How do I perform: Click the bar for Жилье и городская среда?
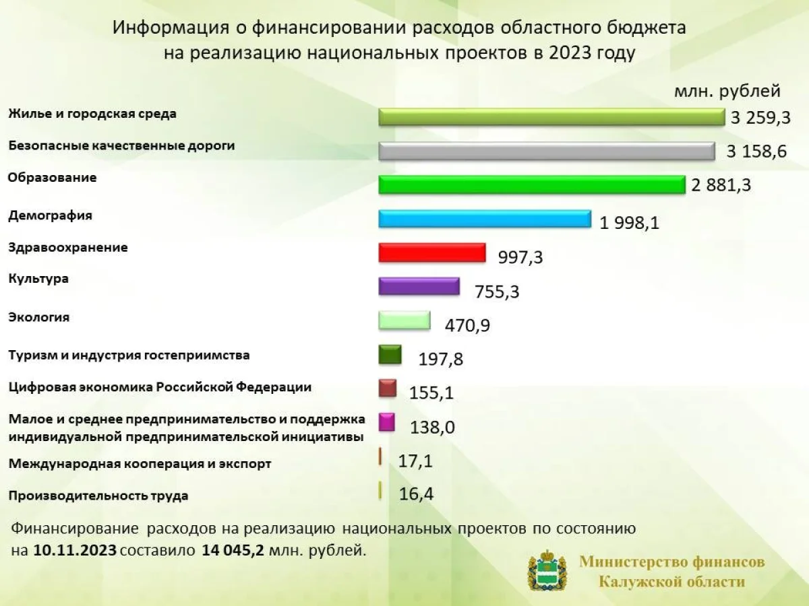coord(551,117)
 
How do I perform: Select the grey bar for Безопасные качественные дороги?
coord(547,151)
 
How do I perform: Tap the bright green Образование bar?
coord(532,184)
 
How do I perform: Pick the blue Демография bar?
coord(485,219)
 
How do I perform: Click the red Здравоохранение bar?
coord(432,252)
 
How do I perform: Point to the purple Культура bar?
coord(419,286)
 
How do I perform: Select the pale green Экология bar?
coord(404,320)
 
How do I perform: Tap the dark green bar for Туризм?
coord(390,354)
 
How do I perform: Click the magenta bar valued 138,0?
coord(386,422)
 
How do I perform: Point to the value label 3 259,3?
coord(760,118)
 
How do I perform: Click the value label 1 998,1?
coord(629,223)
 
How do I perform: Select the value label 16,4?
coord(416,494)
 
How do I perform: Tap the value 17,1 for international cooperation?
coord(415,461)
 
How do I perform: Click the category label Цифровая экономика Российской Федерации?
coord(160,388)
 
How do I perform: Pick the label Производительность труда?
coord(98,496)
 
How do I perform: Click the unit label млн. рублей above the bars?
coord(727,91)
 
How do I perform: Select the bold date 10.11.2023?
coord(75,550)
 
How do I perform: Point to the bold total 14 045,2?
coord(233,550)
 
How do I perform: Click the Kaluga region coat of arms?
coord(547,570)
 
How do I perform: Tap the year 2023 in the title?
coord(572,53)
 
